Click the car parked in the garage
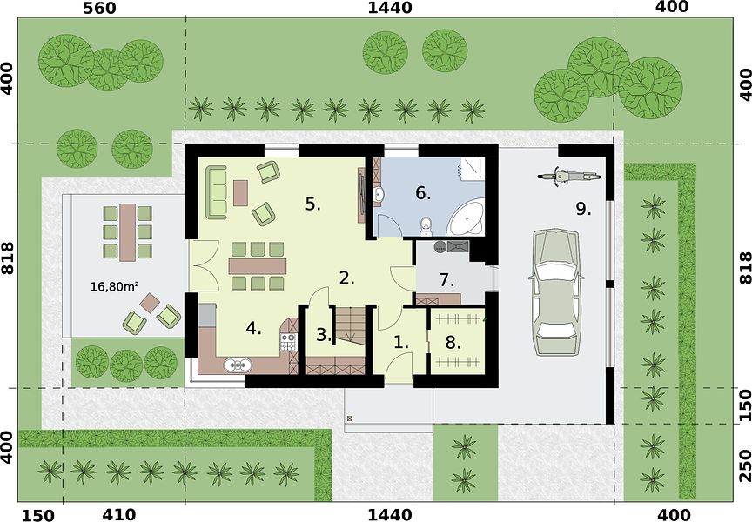[556, 292]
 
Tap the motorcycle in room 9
[569, 177]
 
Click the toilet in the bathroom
[426, 227]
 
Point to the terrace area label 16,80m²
[115, 286]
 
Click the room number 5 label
[313, 204]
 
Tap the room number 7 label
[447, 280]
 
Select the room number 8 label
[453, 343]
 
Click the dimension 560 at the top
[99, 9]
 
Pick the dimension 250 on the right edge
[745, 465]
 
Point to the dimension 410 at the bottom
[119, 514]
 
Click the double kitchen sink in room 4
[238, 365]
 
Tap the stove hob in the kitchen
[288, 342]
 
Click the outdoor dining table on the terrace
[128, 232]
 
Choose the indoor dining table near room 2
[258, 266]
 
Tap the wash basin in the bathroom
[379, 194]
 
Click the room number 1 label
[401, 343]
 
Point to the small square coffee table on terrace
[151, 303]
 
